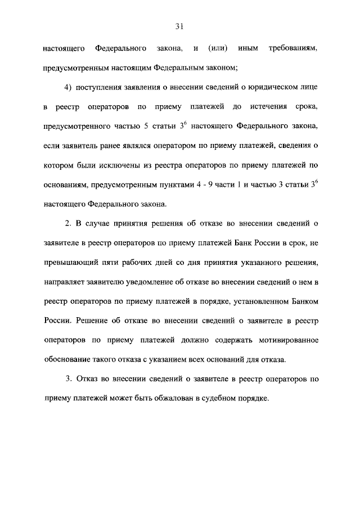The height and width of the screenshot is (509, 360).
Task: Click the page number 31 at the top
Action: pyautogui.click(x=179, y=26)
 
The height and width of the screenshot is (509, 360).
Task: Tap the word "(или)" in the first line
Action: pyautogui.click(x=217, y=49)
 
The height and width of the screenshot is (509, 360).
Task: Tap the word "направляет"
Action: pyautogui.click(x=64, y=281)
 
